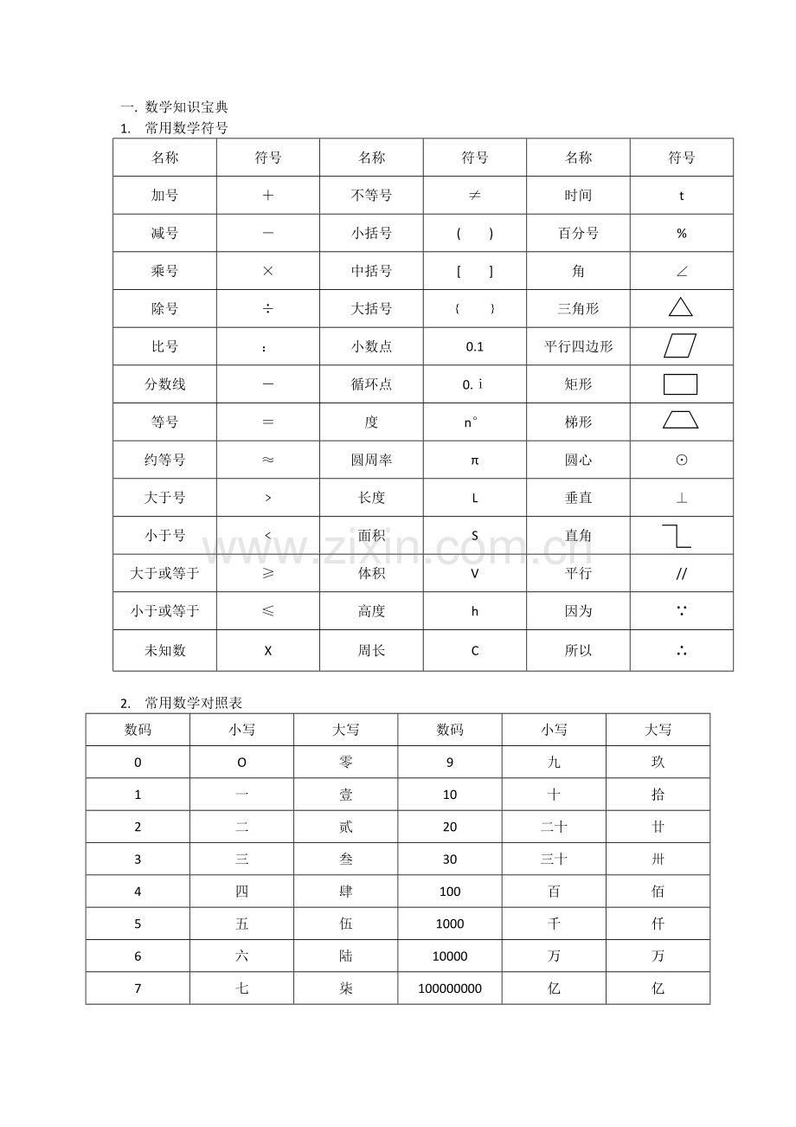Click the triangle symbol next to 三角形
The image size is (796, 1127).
pyautogui.click(x=681, y=307)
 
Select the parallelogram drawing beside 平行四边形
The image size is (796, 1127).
pyautogui.click(x=681, y=345)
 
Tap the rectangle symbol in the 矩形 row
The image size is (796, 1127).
pyautogui.click(x=681, y=383)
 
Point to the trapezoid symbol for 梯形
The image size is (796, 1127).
pyautogui.click(x=681, y=421)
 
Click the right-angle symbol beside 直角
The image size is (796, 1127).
pyautogui.click(x=677, y=536)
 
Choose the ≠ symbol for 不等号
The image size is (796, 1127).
pyautogui.click(x=474, y=196)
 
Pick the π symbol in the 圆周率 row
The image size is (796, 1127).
pyautogui.click(x=474, y=460)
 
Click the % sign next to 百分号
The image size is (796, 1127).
pyautogui.click(x=681, y=234)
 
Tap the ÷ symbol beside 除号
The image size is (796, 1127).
pyautogui.click(x=267, y=309)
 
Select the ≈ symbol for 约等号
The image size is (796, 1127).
pyautogui.click(x=267, y=460)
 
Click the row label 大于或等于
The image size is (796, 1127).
pyautogui.click(x=164, y=573)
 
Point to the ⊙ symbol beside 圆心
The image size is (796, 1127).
pyautogui.click(x=681, y=460)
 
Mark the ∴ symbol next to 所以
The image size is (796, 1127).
pyautogui.click(x=681, y=651)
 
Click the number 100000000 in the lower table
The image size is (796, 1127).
pyautogui.click(x=450, y=989)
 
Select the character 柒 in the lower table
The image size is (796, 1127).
pyautogui.click(x=346, y=989)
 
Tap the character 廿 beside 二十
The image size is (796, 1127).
pyautogui.click(x=658, y=827)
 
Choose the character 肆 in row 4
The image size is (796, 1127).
pyautogui.click(x=346, y=892)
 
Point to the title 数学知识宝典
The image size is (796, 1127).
pyautogui.click(x=186, y=107)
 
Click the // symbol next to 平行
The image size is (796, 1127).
pyautogui.click(x=681, y=574)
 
